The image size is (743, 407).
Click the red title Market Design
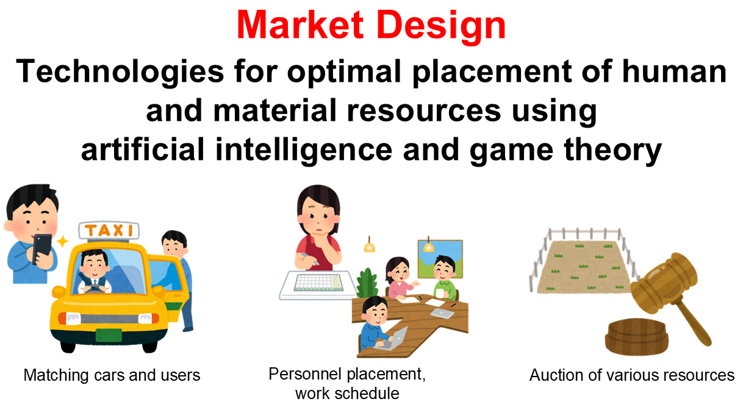coord(371,26)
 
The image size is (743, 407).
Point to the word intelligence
coord(304,149)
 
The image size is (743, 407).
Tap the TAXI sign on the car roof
coord(109,230)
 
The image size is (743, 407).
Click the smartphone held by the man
coord(43,249)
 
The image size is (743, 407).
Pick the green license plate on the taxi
coord(109,335)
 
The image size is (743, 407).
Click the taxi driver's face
coord(95,264)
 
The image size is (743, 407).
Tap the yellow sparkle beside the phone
coord(62,242)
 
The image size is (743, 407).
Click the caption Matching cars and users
coord(112,375)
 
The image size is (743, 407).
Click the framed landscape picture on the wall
coord(440,259)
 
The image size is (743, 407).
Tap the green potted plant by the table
coord(367,283)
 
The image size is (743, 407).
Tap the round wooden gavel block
coord(637,336)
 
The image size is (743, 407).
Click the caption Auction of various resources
coord(631,375)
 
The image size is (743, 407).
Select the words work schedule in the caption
coord(347,394)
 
